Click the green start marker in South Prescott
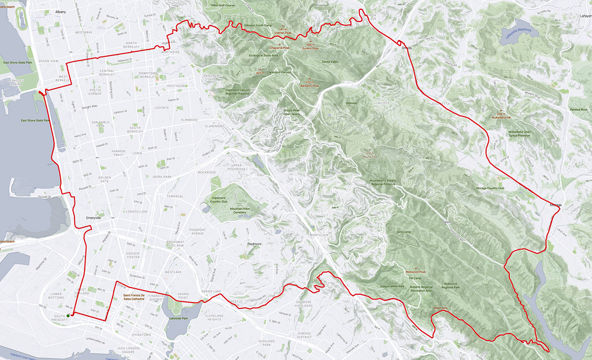tap(68, 316)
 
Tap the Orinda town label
tap(406, 48)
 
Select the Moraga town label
tap(555, 205)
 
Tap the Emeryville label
tap(93, 217)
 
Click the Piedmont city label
tap(254, 244)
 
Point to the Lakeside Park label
tap(179, 318)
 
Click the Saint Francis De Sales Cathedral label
tap(133, 297)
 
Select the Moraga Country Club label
tap(490, 188)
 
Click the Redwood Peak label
tap(415, 272)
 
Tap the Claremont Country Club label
tap(218, 200)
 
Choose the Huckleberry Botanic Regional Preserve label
tap(382, 182)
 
